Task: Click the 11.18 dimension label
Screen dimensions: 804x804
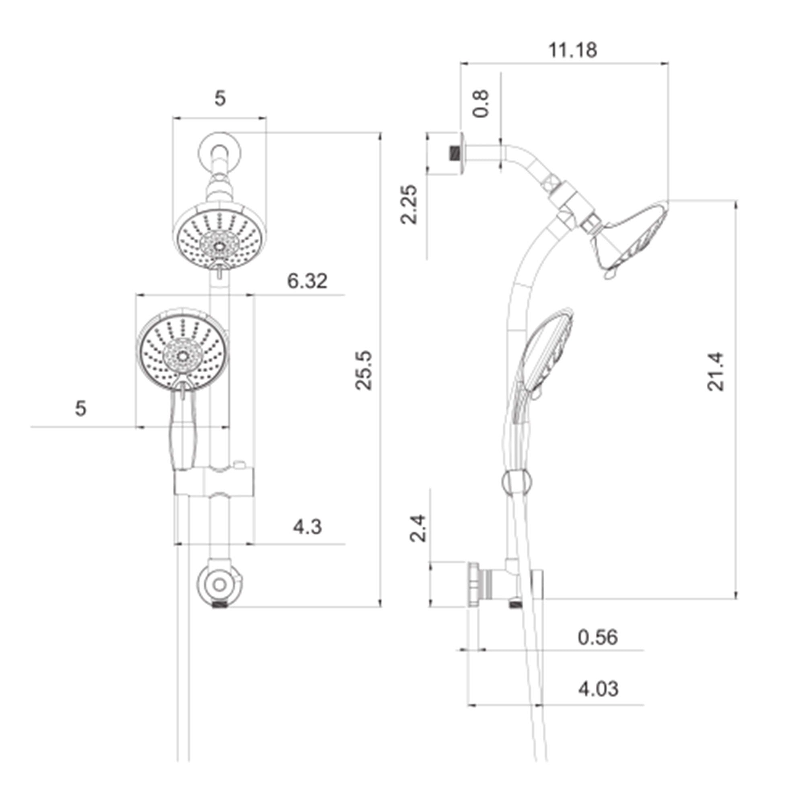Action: [572, 50]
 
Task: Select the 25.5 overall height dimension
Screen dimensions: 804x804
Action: [364, 370]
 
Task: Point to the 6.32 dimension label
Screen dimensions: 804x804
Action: [307, 281]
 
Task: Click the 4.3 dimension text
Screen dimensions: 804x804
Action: [307, 527]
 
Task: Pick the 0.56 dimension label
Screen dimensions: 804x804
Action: [598, 637]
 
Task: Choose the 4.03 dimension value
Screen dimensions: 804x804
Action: [598, 689]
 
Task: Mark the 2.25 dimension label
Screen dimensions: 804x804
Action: [409, 204]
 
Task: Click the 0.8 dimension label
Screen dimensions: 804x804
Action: [481, 104]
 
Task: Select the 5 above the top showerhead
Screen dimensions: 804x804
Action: [220, 98]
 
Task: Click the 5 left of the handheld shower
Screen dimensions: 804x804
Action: [81, 409]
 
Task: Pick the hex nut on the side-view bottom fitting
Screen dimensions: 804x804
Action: [474, 585]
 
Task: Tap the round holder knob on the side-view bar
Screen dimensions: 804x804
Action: [516, 482]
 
